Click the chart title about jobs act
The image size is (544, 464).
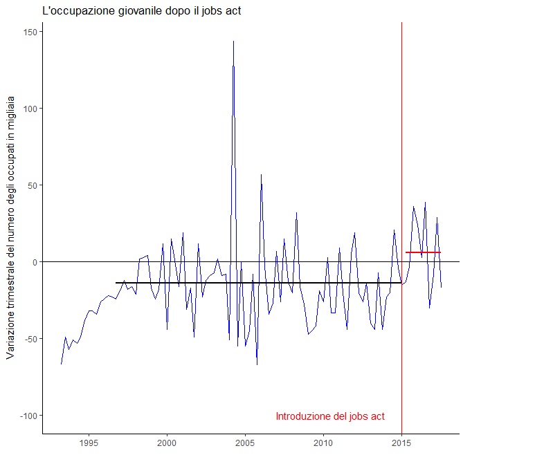tap(142, 11)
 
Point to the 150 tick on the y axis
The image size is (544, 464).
tap(30, 32)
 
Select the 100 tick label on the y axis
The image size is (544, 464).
tap(30, 109)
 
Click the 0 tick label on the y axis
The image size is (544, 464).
tap(35, 262)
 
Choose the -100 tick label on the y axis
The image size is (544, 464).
tap(29, 416)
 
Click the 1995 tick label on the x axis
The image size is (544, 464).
tap(89, 443)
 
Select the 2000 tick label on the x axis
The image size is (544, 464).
tap(167, 443)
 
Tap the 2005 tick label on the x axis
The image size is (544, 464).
tap(245, 443)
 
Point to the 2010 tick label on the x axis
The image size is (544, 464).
tap(323, 443)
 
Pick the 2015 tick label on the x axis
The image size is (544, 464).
tap(401, 443)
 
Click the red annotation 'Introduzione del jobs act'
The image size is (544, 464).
tap(330, 416)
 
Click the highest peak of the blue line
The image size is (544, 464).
tap(233, 41)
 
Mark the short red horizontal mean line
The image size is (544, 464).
tap(423, 252)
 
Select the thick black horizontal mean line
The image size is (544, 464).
tap(256, 283)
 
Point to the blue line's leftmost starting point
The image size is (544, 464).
tap(61, 364)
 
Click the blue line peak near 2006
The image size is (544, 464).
tap(261, 175)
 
